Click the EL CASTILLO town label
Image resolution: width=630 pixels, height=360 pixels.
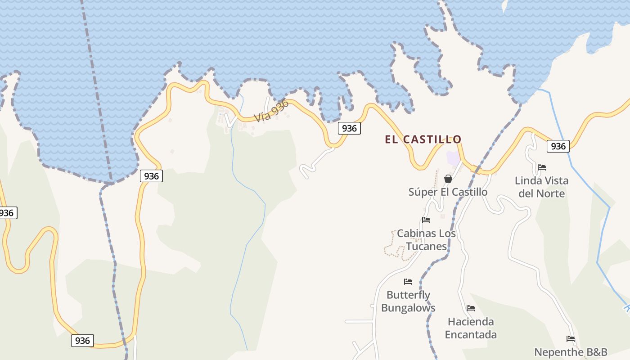423,139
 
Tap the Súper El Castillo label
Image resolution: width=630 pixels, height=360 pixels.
448,192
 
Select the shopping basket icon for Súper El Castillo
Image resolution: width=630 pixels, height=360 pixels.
448,179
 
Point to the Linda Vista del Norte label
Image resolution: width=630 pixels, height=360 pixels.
541,187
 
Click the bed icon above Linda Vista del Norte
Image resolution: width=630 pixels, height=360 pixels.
542,167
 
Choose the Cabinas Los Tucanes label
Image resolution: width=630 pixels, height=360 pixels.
426,240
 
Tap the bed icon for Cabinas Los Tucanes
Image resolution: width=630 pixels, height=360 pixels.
426,220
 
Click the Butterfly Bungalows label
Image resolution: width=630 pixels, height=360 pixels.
408,301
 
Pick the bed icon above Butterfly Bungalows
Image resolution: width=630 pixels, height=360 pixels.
408,282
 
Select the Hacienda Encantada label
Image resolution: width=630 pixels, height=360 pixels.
471,328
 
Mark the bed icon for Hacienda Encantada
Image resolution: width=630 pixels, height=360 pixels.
471,308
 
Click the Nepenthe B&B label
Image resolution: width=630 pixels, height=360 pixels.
571,352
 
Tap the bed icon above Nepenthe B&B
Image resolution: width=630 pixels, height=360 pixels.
571,339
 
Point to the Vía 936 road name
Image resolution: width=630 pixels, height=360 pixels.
271,111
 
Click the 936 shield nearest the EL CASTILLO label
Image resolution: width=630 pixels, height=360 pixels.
349,129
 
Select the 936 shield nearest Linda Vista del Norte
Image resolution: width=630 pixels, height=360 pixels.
558,146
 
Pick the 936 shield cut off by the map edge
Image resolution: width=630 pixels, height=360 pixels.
7,213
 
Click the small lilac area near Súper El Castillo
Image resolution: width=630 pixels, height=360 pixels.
453,158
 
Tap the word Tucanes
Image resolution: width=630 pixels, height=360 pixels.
426,246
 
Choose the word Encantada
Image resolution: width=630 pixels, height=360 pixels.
471,335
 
